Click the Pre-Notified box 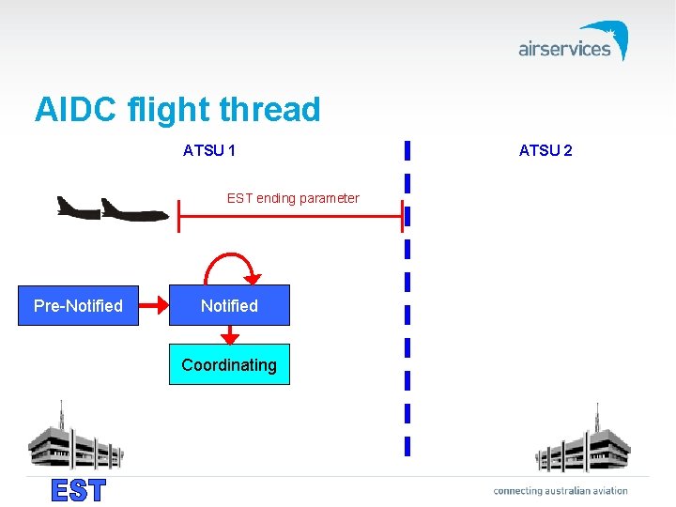click(79, 306)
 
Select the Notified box click(229, 306)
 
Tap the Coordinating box click(229, 365)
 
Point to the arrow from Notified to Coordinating click(229, 335)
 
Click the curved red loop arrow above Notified click(231, 264)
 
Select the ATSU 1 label click(209, 150)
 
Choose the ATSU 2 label click(545, 150)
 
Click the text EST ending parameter click(293, 198)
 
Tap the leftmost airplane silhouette click(77, 207)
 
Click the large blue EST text click(79, 491)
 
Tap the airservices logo click(573, 42)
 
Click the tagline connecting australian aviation click(561, 490)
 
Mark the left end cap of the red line click(178, 216)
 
